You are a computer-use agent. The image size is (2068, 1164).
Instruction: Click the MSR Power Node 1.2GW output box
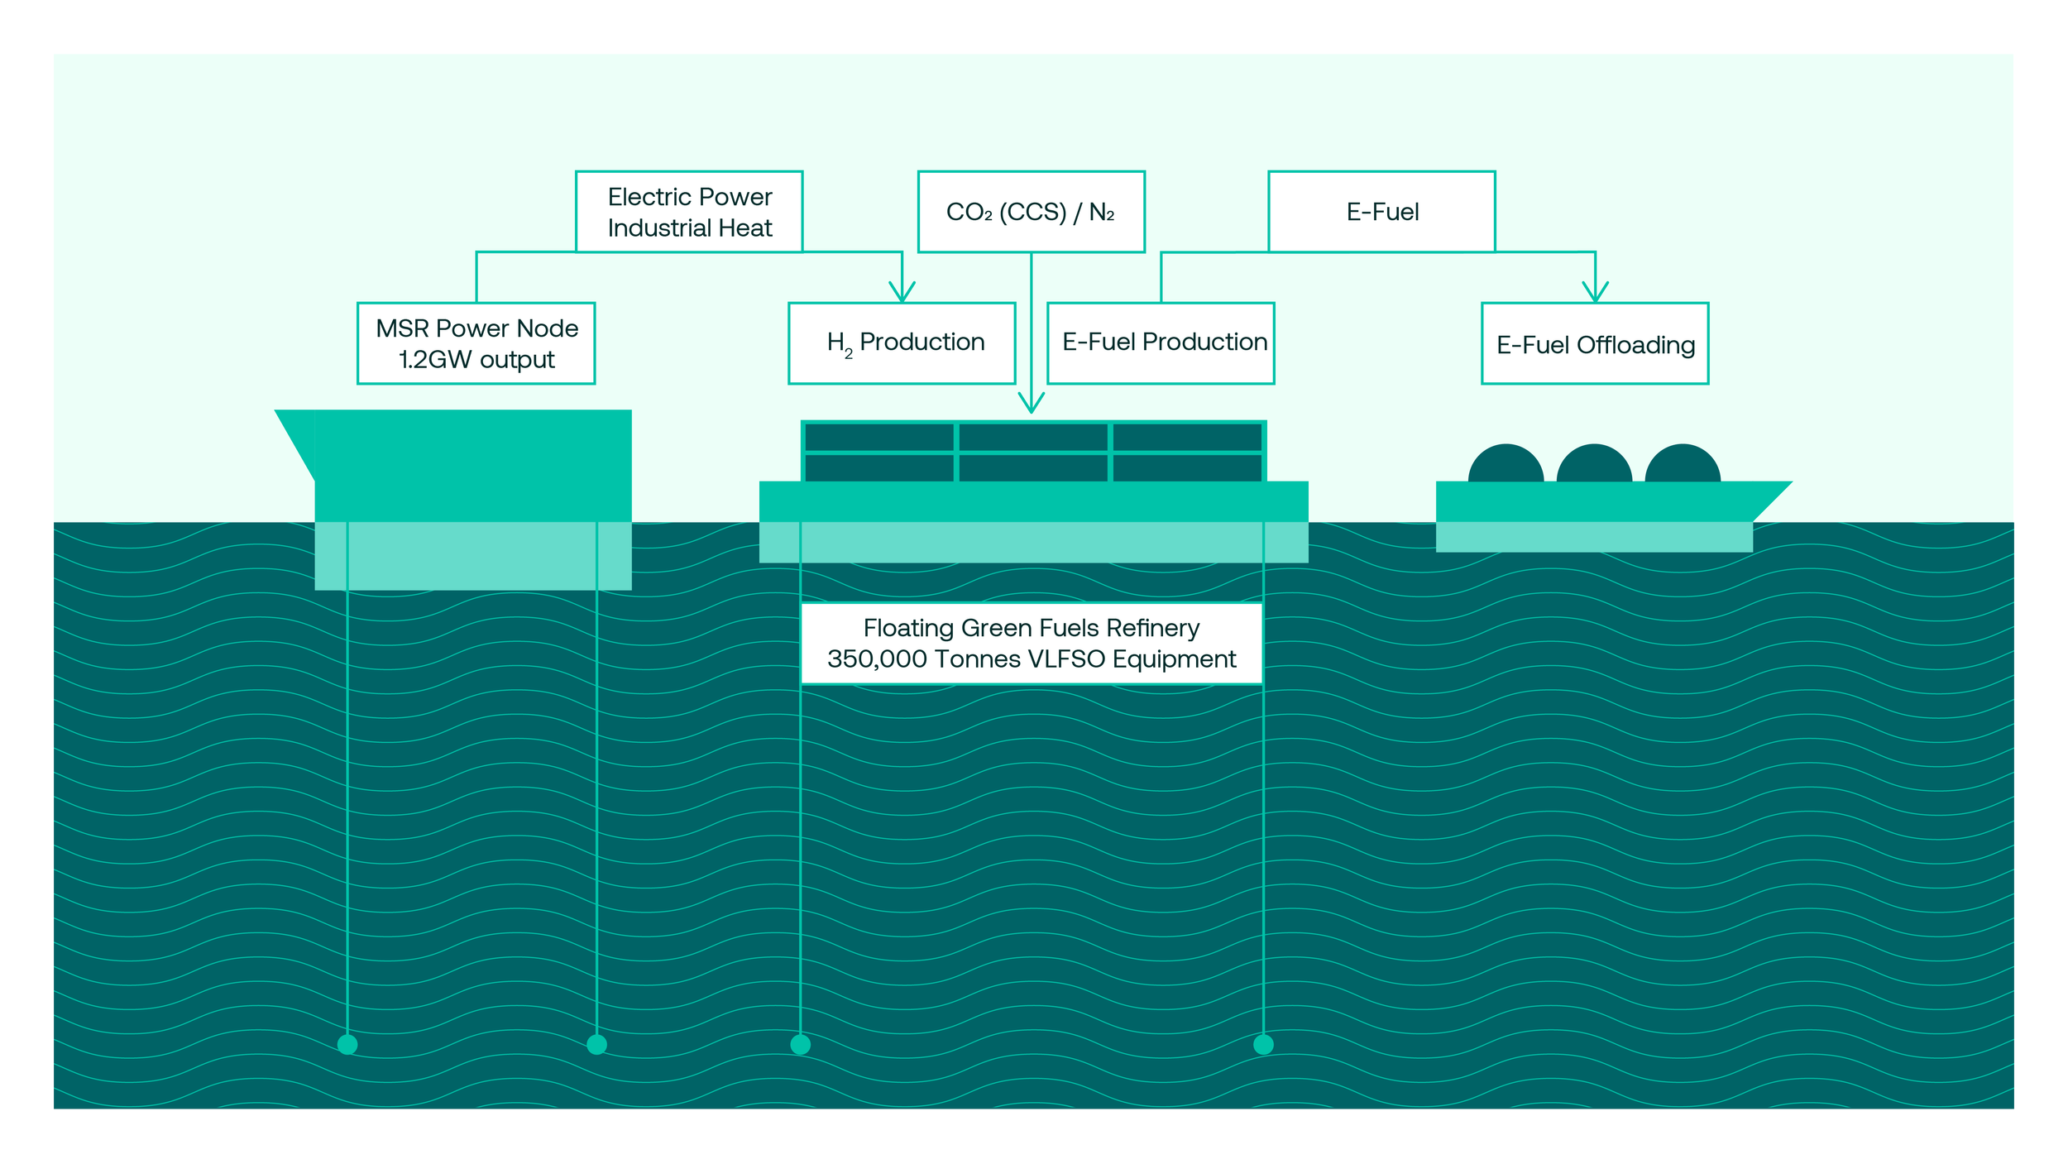[476, 343]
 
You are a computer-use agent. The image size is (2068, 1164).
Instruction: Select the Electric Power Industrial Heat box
[689, 212]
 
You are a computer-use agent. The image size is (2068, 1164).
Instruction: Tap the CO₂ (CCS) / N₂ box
[1032, 212]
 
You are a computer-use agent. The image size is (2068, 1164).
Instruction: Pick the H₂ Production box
[902, 343]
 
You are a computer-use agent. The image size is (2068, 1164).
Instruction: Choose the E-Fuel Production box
[1161, 343]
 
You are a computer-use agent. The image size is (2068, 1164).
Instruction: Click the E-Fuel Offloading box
[1595, 343]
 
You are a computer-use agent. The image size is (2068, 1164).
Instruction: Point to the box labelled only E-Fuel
[1381, 212]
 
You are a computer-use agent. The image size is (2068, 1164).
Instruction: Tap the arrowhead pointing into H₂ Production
[902, 291]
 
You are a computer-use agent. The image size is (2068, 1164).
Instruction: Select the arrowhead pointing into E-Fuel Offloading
[1595, 291]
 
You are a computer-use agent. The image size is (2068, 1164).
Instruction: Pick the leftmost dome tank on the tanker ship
[1506, 464]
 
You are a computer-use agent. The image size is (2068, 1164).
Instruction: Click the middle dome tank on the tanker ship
[1594, 464]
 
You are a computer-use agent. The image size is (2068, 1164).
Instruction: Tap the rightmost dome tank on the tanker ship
[1683, 464]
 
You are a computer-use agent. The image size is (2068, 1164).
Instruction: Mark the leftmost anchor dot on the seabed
[347, 1044]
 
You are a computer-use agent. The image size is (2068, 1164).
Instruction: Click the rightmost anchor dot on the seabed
[1263, 1044]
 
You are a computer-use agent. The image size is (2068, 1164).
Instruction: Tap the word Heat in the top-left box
[745, 228]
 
